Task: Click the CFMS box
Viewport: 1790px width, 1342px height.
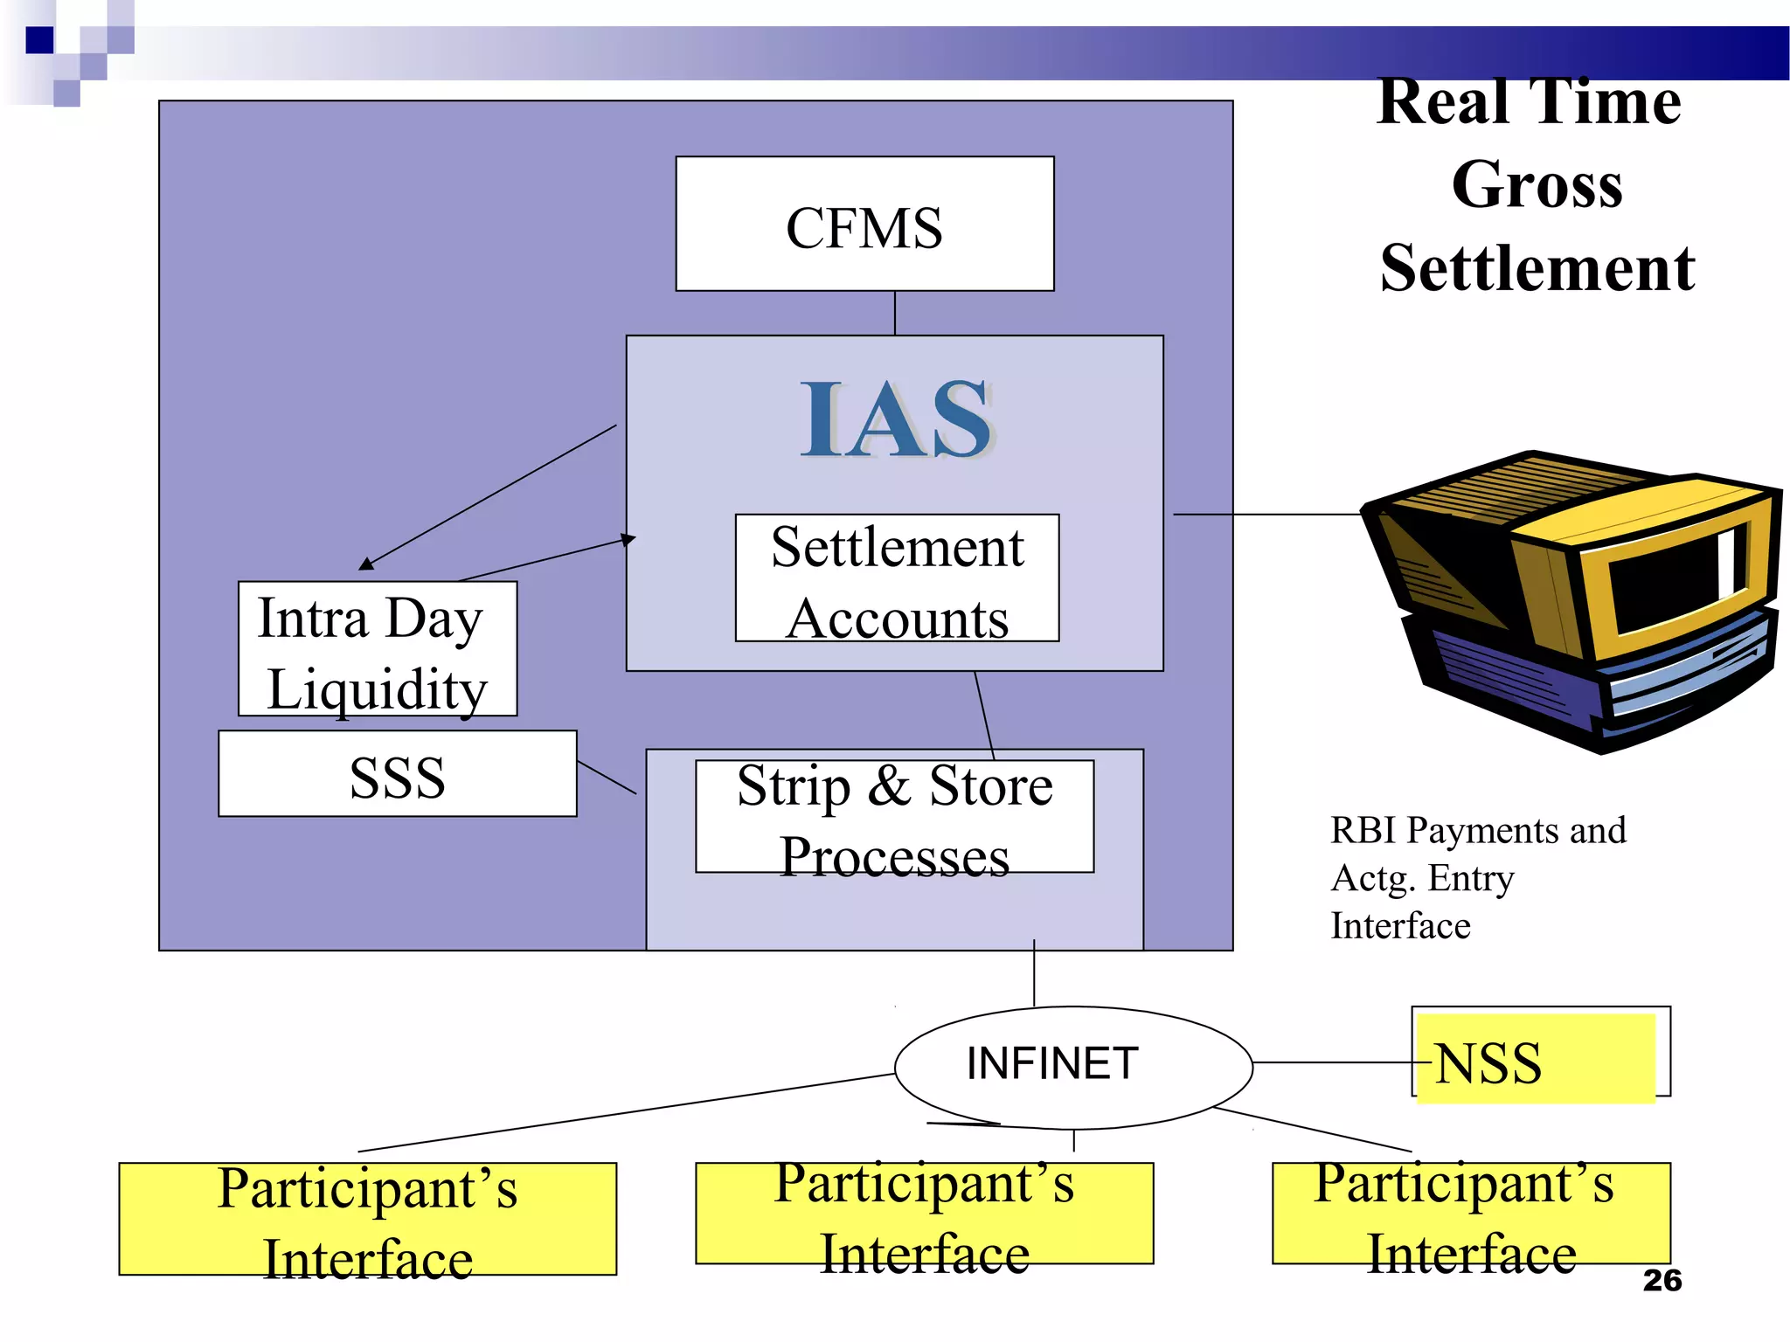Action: pos(864,225)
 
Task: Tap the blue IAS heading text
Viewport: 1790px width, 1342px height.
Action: pos(896,420)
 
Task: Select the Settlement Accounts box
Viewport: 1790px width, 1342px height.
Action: pos(897,578)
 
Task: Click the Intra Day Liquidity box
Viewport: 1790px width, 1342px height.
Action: pos(377,649)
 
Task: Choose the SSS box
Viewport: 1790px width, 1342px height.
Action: pos(397,774)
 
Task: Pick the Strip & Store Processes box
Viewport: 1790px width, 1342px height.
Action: pos(894,816)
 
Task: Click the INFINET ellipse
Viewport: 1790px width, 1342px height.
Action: pos(1073,1067)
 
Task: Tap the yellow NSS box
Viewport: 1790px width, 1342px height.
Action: pos(1535,1058)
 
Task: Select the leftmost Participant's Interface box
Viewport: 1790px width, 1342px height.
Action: pos(367,1219)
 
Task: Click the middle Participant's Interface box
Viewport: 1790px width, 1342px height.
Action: pos(924,1214)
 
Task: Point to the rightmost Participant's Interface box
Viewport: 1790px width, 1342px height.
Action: pos(1471,1214)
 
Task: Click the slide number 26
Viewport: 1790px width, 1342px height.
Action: pos(1662,1280)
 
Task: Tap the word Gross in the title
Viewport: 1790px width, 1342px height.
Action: pos(1537,184)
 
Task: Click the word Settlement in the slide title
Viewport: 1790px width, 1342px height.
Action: pos(1537,267)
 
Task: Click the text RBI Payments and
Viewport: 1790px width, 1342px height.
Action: pos(1477,830)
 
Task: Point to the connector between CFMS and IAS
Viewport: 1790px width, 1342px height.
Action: pos(894,313)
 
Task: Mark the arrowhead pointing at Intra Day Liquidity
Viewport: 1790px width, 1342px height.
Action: pos(366,564)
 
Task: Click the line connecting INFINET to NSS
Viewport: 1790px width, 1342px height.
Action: pos(1333,1063)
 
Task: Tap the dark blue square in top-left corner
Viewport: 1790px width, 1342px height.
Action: pos(39,40)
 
